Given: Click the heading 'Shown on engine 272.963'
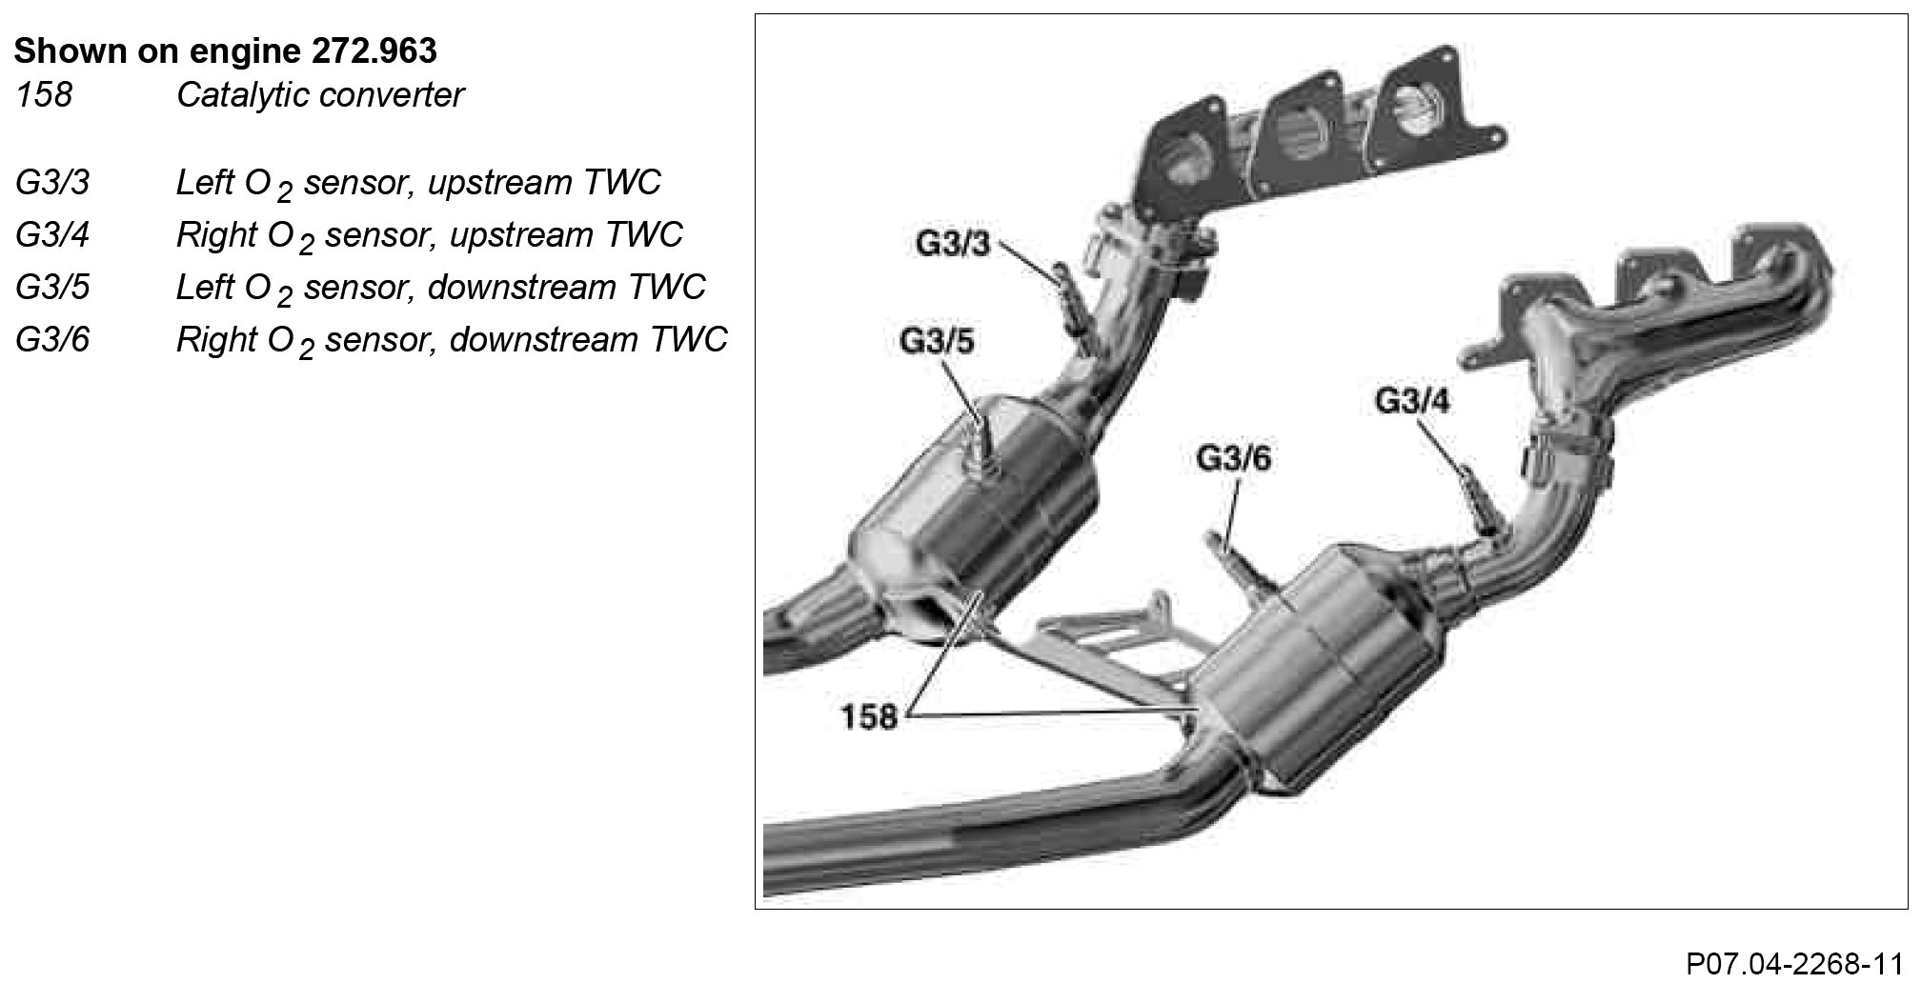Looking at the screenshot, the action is point(226,50).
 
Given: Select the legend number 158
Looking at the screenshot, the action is point(43,95).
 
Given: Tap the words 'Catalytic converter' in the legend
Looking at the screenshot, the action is point(320,95).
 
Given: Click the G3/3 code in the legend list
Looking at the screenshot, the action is point(52,183).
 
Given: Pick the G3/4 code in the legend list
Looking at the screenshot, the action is point(52,235).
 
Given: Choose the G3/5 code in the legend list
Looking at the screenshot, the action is point(52,288).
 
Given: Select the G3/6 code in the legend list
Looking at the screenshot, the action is point(52,340).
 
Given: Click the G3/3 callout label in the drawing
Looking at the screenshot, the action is point(953,245).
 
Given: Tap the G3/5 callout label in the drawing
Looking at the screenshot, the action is point(937,341).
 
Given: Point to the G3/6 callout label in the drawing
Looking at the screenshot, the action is point(1233,459).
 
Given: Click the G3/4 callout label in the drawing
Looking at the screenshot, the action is point(1412,401).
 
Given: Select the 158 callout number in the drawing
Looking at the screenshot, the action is point(868,715).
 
